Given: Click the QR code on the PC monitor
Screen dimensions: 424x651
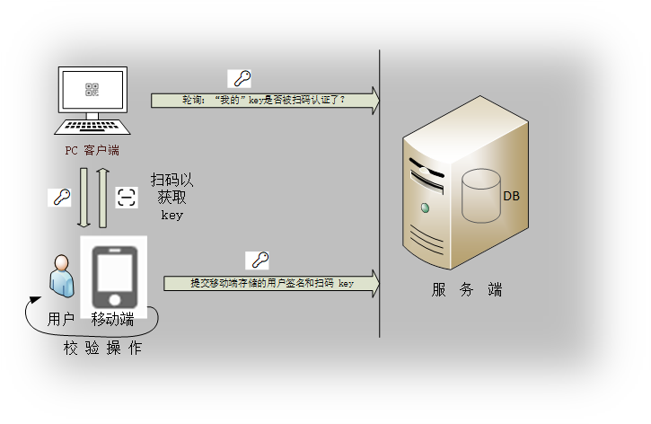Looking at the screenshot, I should point(92,89).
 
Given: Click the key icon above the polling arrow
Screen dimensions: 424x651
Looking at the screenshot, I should point(240,78).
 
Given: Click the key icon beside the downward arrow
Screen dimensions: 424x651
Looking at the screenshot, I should point(59,197).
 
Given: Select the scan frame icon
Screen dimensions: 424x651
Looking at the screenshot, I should point(127,197).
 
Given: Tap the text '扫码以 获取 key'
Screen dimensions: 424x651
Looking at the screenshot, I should point(172,197).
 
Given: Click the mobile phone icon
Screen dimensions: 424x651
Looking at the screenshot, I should point(114,273).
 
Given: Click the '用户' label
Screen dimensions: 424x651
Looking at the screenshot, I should point(61,319).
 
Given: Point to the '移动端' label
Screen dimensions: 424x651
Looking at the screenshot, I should point(113,319).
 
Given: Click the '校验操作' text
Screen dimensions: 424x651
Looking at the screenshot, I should point(101,348).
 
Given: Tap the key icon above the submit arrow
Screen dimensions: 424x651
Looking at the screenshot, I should point(260,261).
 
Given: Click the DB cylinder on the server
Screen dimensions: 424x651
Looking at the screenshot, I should point(480,198).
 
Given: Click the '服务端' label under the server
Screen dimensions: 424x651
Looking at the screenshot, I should point(466,290).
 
